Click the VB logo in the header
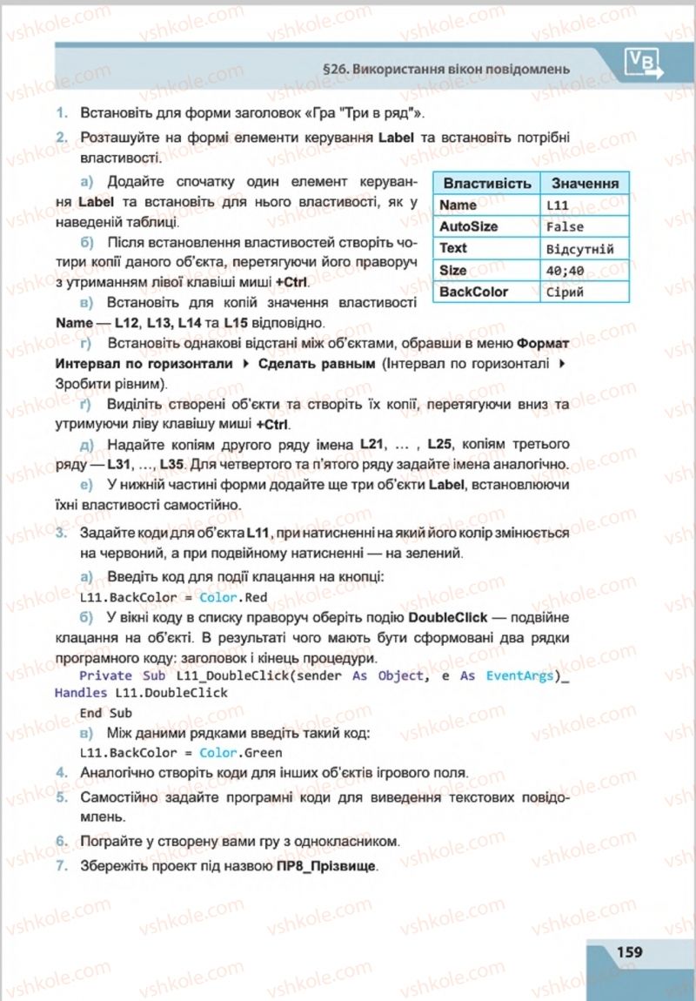(641, 62)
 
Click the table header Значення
(584, 184)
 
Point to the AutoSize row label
(469, 226)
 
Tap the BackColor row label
(473, 292)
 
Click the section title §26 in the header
(445, 67)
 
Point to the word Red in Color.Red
(256, 598)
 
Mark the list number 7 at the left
(61, 868)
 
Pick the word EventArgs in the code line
(520, 675)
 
